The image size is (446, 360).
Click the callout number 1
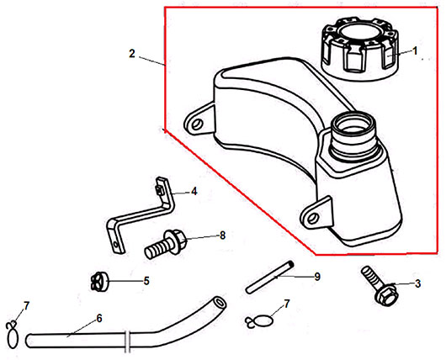[415, 51]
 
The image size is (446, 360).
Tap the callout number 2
[131, 54]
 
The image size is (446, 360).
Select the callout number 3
[417, 283]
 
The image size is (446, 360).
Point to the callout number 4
[194, 192]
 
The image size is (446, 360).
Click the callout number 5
[146, 281]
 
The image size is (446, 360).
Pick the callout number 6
[99, 318]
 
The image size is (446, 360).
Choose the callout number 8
[222, 236]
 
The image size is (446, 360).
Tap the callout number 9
[317, 277]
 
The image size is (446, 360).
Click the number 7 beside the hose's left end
[26, 306]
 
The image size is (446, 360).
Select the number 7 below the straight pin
[286, 304]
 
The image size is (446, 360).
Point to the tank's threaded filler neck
[353, 135]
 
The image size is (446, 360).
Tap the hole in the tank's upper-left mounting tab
[197, 124]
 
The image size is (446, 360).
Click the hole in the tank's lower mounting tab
[313, 219]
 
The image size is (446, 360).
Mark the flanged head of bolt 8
[175, 241]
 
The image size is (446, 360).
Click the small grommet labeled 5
[99, 282]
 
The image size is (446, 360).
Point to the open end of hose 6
[219, 302]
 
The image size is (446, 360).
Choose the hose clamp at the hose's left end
[13, 335]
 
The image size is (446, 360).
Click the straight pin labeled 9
[269, 277]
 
